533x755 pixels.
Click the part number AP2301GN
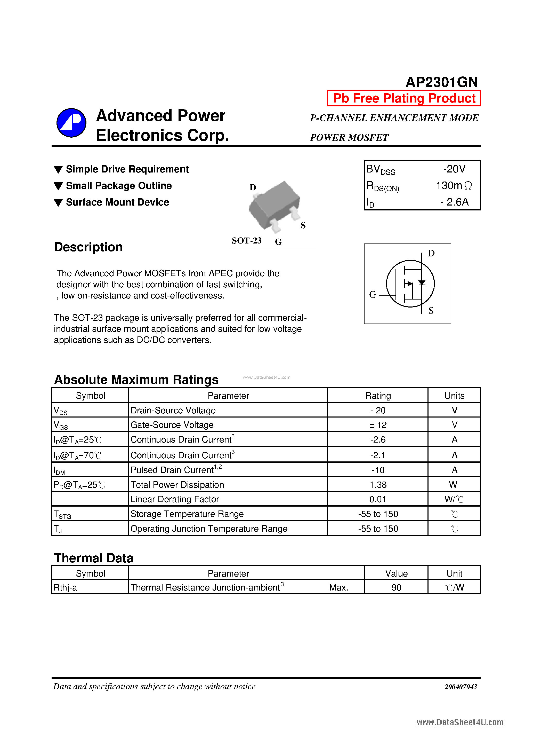tap(441, 82)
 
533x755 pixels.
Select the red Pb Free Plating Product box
tap(403, 98)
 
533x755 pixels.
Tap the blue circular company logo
tap(71, 123)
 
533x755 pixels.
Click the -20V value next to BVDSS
tap(454, 169)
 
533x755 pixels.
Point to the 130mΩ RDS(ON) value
tap(454, 186)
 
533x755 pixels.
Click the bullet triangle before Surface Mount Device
tap(58, 202)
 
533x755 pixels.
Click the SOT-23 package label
tap(246, 241)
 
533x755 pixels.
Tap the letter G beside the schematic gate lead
tap(372, 295)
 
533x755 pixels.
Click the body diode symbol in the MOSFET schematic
tap(422, 283)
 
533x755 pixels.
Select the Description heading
tap(88, 247)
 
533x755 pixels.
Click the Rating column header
tap(378, 396)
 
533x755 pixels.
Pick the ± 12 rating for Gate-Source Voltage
tap(378, 425)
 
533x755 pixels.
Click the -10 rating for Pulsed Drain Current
tap(378, 470)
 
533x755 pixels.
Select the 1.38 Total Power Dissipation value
tap(378, 485)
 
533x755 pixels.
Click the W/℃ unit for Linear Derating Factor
tap(454, 499)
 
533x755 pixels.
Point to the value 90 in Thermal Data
tap(396, 588)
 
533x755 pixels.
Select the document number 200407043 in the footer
tap(461, 687)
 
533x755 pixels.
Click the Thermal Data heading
tap(94, 558)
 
